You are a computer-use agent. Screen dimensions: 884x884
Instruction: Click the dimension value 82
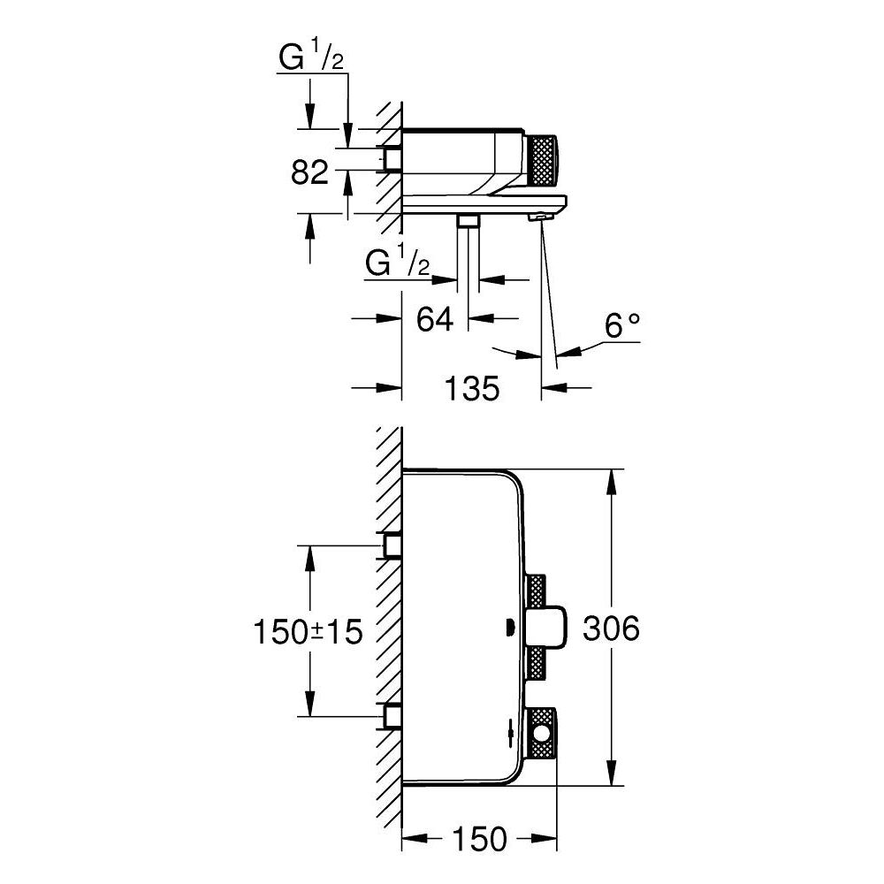click(309, 172)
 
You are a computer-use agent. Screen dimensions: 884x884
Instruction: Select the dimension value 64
click(435, 319)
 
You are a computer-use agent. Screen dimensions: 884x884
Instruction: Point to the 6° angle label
click(621, 327)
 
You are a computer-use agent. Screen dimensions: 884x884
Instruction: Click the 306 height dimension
click(610, 629)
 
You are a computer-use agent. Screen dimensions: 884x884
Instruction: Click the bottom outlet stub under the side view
click(468, 220)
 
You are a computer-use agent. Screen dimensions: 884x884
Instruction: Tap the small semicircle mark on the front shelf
click(507, 629)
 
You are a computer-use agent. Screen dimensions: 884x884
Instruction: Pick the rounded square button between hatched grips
click(545, 629)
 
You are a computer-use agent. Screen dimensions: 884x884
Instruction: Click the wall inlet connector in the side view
click(392, 158)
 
